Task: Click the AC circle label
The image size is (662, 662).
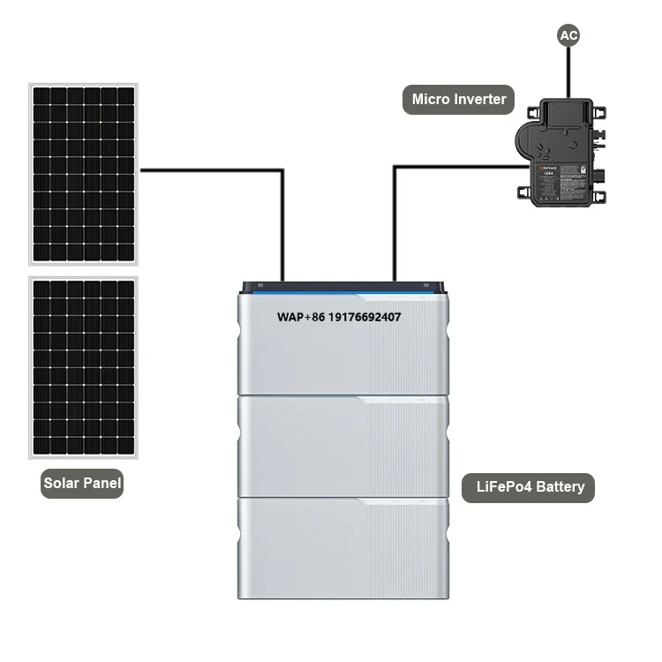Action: [x=569, y=36]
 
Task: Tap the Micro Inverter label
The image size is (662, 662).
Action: [x=459, y=100]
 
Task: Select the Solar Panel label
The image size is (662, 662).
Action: [x=83, y=483]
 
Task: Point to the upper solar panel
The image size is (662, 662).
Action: [x=84, y=173]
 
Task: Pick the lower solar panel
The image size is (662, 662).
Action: [x=84, y=367]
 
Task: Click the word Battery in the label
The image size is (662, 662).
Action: [x=558, y=486]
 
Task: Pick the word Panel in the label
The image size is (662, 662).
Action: [x=102, y=483]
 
